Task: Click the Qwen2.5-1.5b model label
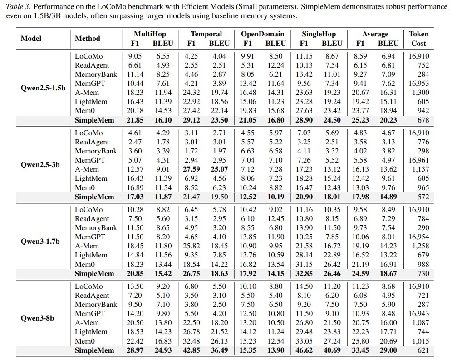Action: (43, 88)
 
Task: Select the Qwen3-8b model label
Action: (37, 318)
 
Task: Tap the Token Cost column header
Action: (418, 39)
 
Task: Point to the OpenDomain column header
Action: (263, 34)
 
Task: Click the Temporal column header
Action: (206, 34)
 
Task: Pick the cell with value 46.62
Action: (304, 350)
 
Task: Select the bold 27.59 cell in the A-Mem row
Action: (191, 169)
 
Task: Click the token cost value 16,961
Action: (418, 160)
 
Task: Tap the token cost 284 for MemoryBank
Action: (423, 74)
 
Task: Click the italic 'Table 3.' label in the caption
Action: (18, 6)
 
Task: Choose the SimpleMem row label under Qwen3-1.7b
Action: (94, 274)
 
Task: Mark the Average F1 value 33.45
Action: (360, 350)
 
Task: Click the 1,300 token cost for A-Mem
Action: (421, 93)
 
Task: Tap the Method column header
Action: (88, 39)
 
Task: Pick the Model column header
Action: (31, 39)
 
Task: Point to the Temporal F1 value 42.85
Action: (191, 350)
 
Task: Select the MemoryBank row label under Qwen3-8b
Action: (96, 305)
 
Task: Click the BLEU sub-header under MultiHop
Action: (163, 44)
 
